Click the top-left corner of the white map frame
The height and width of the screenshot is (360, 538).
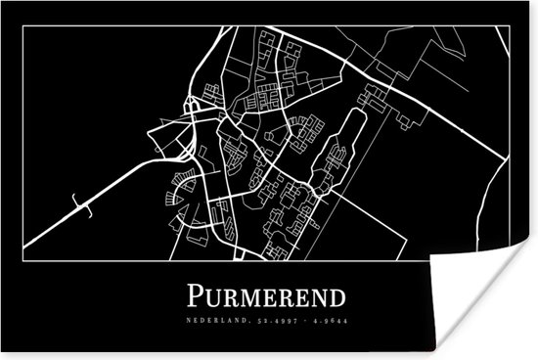tap(26, 26)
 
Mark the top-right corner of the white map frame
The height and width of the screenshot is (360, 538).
tap(510, 26)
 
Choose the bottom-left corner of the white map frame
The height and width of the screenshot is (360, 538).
tap(26, 264)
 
